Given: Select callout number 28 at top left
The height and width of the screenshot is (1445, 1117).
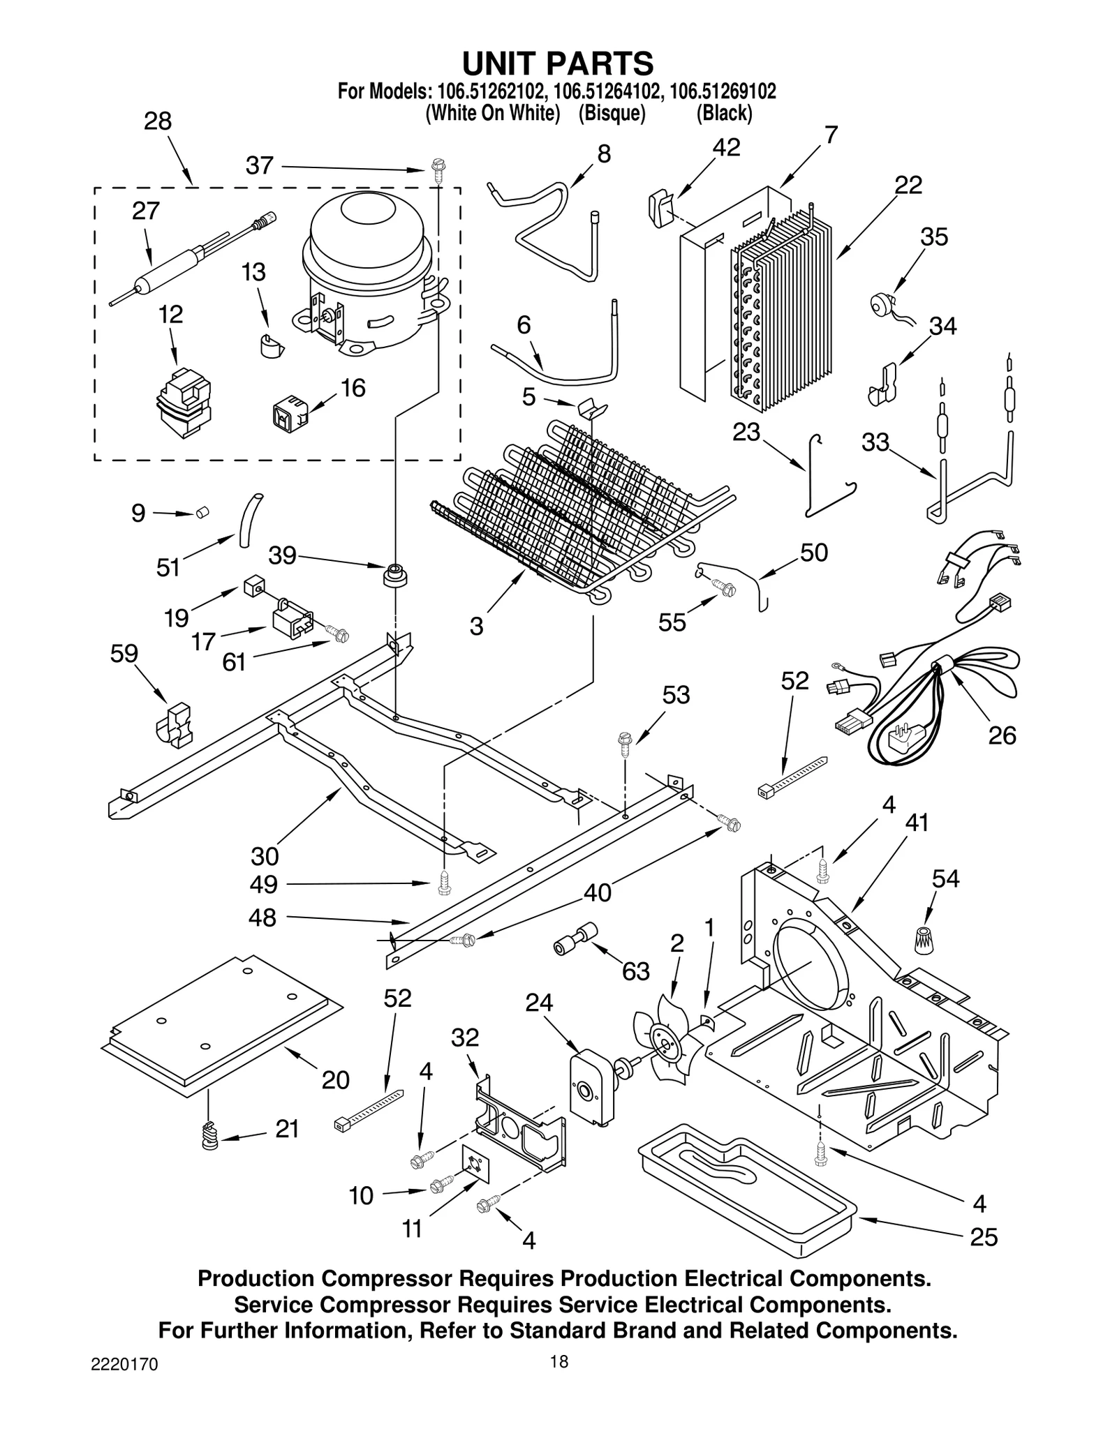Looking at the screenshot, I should coord(158,121).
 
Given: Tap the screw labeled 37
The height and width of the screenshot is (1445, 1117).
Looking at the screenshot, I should coord(438,170).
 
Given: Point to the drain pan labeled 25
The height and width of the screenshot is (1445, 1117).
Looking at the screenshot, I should coord(747,1186).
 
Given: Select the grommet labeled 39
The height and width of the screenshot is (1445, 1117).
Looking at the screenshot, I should coord(395,575).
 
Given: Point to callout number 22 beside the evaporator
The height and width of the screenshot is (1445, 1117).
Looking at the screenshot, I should coord(908,185).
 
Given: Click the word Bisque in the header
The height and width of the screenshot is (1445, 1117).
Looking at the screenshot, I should coord(611,114).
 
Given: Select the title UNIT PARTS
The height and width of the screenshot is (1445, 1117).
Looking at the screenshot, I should coord(558,63).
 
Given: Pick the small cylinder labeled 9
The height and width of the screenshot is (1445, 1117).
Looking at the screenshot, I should coord(202,513).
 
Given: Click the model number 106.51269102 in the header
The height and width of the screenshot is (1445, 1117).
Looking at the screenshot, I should coord(723,91).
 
